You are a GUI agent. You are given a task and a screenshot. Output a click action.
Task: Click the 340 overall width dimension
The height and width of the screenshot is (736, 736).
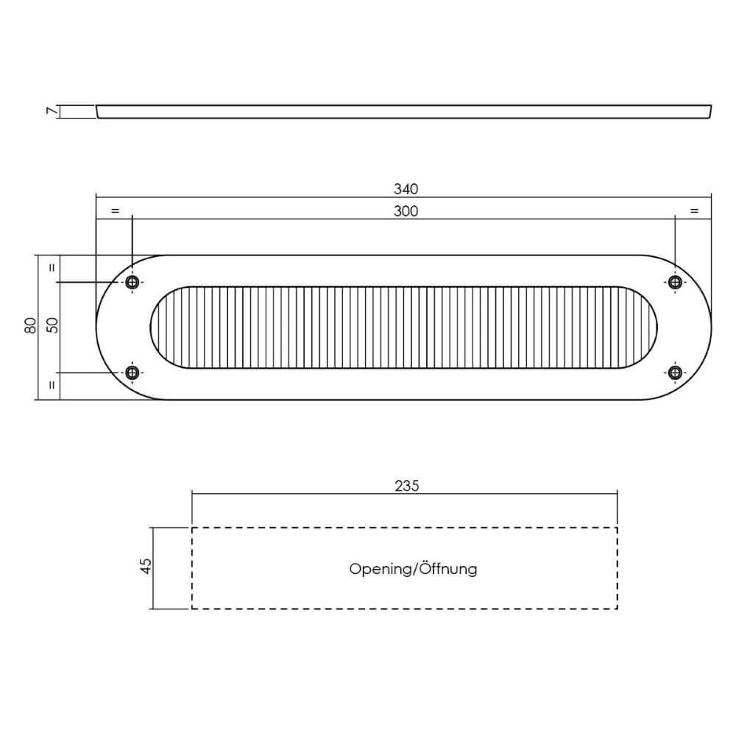406,189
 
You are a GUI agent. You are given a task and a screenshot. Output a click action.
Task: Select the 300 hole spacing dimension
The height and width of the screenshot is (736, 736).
406,211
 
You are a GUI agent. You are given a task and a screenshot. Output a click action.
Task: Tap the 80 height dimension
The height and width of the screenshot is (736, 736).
30,325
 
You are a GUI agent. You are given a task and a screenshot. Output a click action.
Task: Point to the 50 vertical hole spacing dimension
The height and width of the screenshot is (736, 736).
52,325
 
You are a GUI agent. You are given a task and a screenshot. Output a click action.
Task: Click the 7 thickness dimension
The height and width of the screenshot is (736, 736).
51,111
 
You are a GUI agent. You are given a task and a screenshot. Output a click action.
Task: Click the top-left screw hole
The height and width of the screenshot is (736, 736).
132,283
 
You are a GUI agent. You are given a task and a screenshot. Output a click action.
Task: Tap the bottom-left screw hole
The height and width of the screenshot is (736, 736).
132,373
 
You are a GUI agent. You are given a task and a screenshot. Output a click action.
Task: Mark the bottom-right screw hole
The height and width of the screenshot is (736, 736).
674,372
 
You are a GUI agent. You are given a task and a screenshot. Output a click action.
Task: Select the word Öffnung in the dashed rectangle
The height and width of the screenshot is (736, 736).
448,569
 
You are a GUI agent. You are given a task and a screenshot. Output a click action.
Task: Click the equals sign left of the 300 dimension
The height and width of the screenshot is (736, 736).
114,211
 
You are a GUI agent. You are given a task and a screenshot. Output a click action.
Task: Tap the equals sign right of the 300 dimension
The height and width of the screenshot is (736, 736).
693,211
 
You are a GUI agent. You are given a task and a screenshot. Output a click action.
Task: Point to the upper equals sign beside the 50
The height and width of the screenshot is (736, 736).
52,268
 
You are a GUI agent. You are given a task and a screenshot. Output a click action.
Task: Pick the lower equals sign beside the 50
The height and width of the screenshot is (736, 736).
52,384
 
